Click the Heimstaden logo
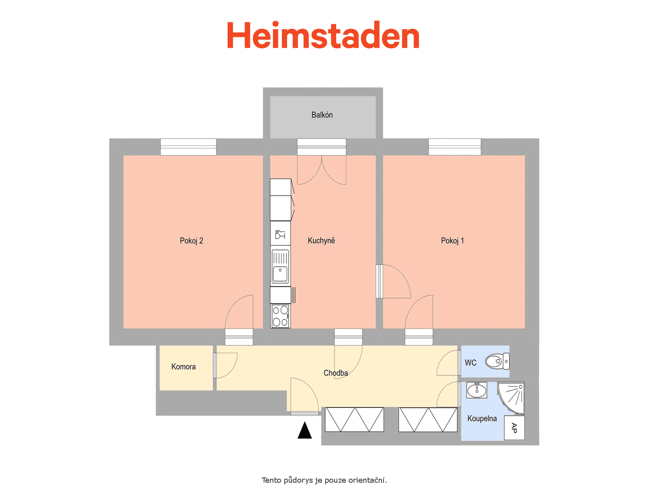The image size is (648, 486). point(323,35)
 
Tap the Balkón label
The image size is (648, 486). point(322,115)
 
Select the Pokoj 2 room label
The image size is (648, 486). point(191,241)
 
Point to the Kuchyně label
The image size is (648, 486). point(321,241)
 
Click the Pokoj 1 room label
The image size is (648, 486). point(452,241)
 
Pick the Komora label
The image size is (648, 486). point(183,367)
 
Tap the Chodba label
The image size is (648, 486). point(336,373)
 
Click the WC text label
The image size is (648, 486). point(471,362)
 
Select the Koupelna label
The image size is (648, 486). point(482,418)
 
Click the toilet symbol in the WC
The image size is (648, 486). point(497,361)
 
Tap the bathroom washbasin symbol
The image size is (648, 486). point(477,390)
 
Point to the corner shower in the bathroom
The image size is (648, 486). point(511,398)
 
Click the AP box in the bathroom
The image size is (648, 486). point(514,428)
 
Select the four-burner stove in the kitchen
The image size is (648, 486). point(280,316)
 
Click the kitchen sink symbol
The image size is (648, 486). point(280,266)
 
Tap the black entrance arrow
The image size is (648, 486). point(305,430)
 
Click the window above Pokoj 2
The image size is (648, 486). point(188,147)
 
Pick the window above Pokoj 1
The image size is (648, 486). point(455,147)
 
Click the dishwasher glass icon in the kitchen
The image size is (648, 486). point(280,234)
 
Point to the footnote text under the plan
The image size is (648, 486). point(324,480)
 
